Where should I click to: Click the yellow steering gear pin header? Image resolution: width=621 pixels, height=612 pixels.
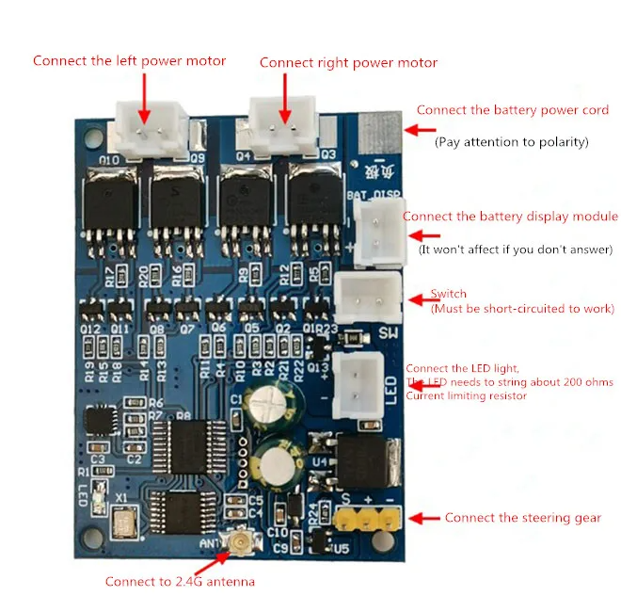368,518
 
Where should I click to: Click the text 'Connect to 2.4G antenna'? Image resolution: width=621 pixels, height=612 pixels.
180,582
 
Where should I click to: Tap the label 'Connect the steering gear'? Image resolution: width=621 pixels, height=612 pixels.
522,518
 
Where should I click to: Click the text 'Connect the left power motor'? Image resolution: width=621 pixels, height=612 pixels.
130,61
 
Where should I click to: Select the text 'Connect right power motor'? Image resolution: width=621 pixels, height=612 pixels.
348,63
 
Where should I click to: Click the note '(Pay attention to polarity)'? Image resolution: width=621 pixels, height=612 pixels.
511,142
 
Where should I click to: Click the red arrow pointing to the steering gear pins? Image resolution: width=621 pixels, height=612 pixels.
427,518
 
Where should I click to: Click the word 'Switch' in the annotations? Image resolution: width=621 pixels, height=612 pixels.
448,294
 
